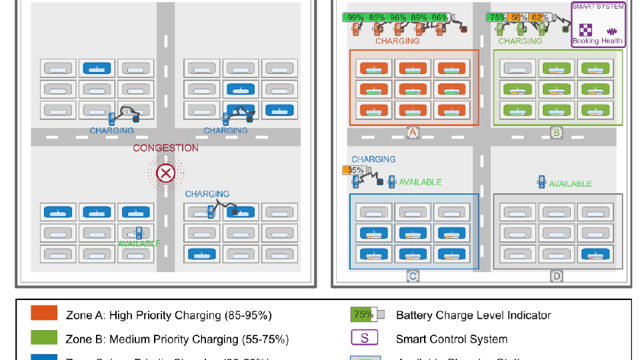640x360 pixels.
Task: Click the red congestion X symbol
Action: tap(165, 174)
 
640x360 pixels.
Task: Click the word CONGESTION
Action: tap(165, 148)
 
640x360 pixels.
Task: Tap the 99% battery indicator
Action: tap(355, 17)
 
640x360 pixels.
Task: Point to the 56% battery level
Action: tap(519, 17)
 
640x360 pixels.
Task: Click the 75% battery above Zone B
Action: tap(497, 17)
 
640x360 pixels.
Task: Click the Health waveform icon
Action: tap(611, 31)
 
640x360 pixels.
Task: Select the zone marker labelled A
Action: tap(413, 133)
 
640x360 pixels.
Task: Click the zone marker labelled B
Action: tap(556, 133)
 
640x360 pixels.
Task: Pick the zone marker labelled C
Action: tap(413, 276)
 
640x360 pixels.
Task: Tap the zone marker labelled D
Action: tap(556, 276)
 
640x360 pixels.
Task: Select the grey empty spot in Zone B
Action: tap(519, 68)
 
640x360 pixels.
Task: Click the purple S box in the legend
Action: tap(365, 338)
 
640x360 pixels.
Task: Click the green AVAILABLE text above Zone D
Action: tap(570, 184)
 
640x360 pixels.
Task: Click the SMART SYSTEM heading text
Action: tap(598, 7)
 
